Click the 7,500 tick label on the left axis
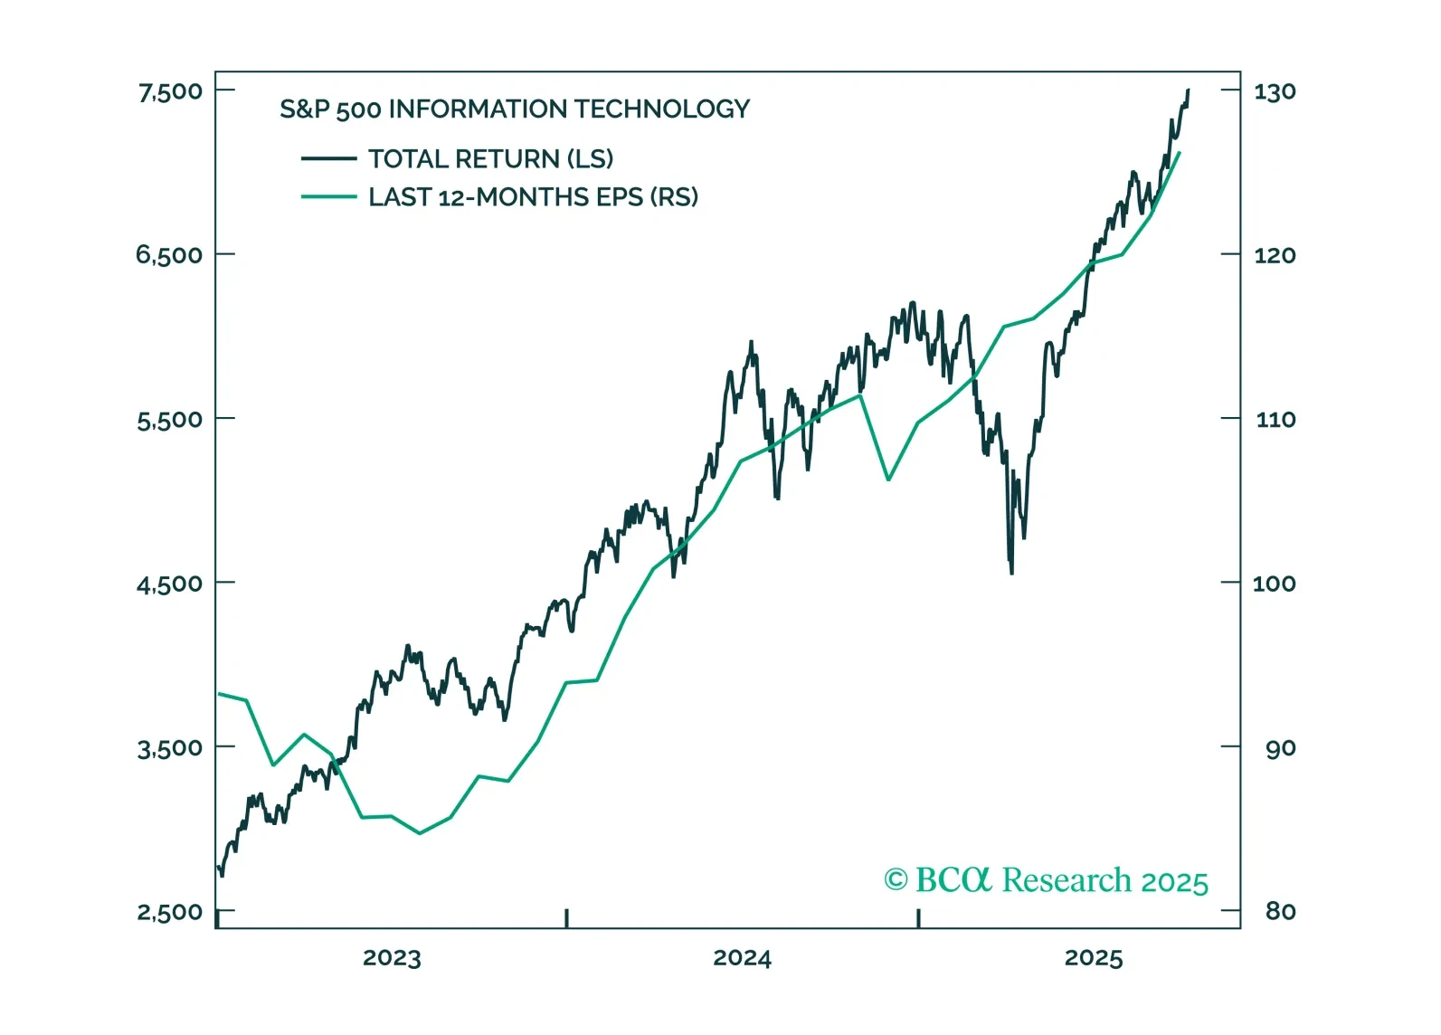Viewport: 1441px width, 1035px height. pos(170,91)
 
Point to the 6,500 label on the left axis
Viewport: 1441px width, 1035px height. pos(169,255)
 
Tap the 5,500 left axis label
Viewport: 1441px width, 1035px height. pos(169,420)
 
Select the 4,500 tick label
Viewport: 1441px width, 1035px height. pos(169,584)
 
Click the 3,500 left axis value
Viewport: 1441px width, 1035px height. pos(169,748)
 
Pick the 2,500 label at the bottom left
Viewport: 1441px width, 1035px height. pos(169,912)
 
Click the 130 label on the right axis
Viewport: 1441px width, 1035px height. pos(1275,91)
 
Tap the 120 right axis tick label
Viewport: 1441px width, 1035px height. pos(1275,255)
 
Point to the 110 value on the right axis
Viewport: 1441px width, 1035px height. pos(1275,420)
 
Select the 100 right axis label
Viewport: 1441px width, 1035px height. pos(1274,584)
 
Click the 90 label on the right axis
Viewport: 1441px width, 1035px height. pos(1280,748)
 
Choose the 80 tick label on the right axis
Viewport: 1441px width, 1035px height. pos(1280,912)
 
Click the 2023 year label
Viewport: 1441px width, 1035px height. pos(392,958)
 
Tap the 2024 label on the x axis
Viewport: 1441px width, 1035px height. pos(742,958)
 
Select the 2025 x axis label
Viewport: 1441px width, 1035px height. pos(1093,958)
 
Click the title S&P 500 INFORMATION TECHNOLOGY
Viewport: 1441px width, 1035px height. pos(515,109)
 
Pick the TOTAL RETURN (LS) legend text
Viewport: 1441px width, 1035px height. pos(490,159)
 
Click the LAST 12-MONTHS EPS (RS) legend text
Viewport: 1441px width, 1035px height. pos(533,197)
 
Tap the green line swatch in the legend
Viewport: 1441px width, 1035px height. pos(328,196)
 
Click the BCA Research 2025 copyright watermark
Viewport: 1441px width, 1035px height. pos(1046,880)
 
